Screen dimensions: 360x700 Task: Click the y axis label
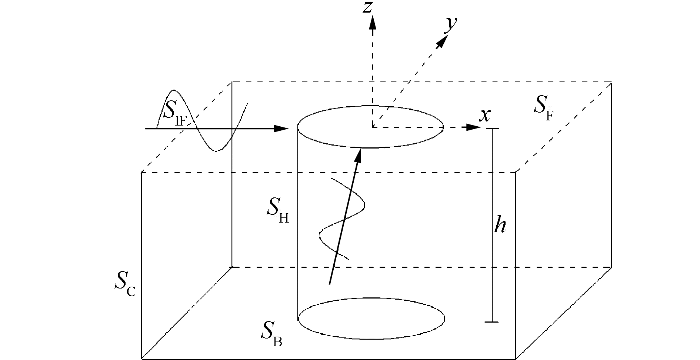[x=450, y=24]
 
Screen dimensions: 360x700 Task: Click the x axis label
[x=484, y=116]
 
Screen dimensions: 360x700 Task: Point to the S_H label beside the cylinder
[x=277, y=211]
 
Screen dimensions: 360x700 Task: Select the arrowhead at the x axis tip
[x=473, y=127]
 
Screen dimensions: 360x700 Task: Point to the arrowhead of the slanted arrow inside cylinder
[x=358, y=155]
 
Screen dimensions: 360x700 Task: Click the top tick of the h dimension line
[x=492, y=129]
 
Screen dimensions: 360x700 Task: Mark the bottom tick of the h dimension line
[x=492, y=322]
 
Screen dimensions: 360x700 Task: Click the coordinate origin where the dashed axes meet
[x=373, y=127]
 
